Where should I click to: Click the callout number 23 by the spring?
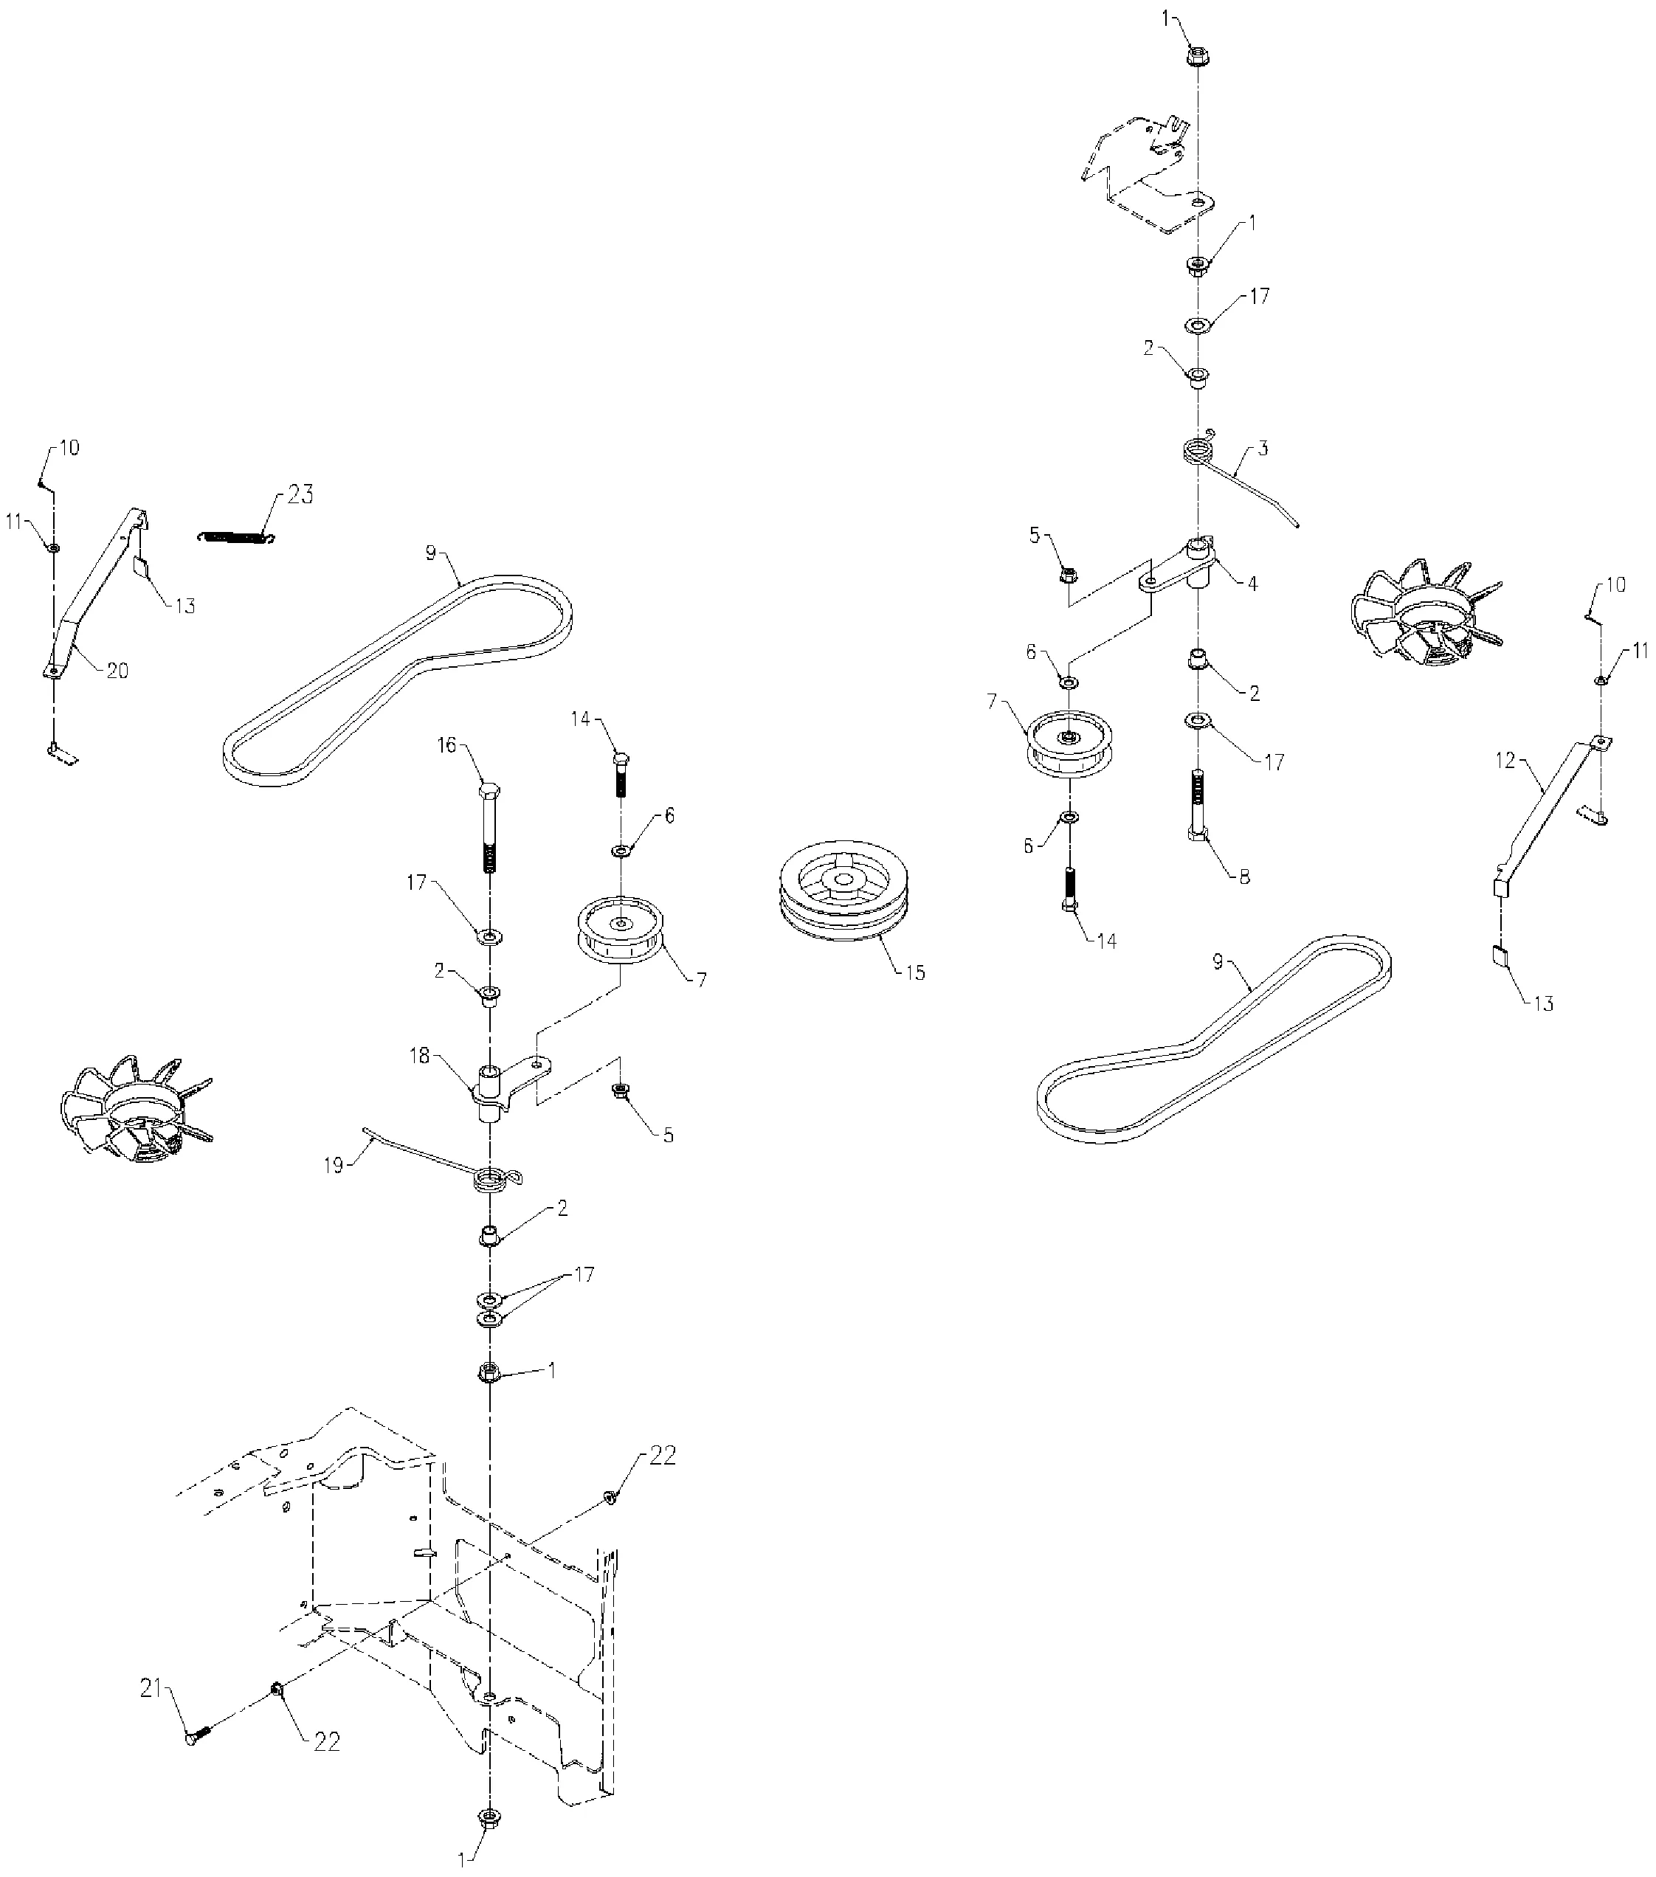coord(300,495)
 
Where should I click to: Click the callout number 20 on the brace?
coord(117,671)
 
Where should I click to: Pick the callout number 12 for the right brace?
coord(1505,761)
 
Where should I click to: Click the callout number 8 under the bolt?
coord(1243,877)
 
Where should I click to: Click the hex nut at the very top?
coord(1197,58)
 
